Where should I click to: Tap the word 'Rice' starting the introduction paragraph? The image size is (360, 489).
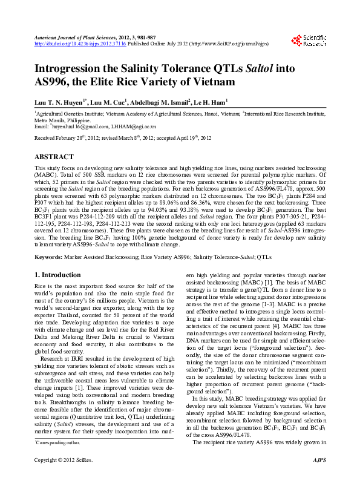pos(41,286)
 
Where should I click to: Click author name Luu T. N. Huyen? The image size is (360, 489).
pos(62,102)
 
